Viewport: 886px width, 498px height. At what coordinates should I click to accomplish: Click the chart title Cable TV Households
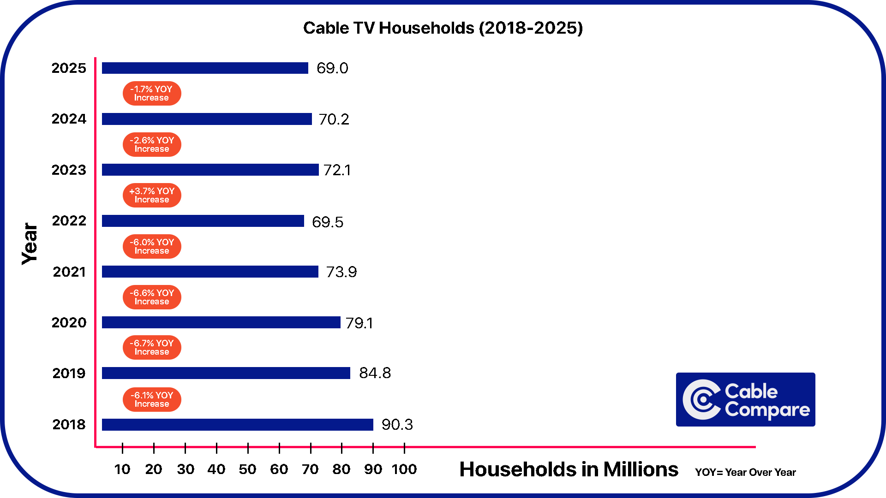[x=443, y=28]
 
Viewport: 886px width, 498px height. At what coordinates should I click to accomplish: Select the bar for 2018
[x=237, y=425]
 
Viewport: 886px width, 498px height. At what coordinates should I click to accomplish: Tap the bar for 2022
[x=203, y=221]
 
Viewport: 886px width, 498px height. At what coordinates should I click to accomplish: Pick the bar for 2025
[x=205, y=68]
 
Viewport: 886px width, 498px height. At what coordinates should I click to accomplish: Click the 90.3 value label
[x=397, y=425]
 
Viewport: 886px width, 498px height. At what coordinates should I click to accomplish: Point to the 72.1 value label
[x=337, y=170]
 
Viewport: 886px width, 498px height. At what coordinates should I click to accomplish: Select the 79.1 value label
[x=359, y=323]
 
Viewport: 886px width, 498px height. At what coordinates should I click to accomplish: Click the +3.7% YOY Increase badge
[x=152, y=195]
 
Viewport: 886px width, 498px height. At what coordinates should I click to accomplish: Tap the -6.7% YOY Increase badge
[x=152, y=347]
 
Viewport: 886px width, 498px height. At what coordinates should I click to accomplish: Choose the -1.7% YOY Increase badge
[x=152, y=93]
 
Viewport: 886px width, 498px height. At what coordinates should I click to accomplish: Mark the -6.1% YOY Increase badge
[x=152, y=399]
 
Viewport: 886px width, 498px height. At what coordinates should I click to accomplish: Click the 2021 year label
[x=69, y=272]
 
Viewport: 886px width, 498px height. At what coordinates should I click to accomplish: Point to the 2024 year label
[x=69, y=119]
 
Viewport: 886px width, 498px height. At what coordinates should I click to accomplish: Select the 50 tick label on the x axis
[x=247, y=469]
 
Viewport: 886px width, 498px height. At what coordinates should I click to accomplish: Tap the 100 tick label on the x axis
[x=404, y=469]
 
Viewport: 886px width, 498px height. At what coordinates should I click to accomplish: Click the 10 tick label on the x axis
[x=122, y=469]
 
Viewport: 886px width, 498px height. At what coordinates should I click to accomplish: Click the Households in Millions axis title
[x=569, y=469]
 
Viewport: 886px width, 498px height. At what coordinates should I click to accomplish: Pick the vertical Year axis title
[x=30, y=244]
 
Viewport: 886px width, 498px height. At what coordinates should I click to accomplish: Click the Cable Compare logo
[x=745, y=399]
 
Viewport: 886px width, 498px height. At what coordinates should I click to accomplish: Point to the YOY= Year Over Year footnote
[x=745, y=472]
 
